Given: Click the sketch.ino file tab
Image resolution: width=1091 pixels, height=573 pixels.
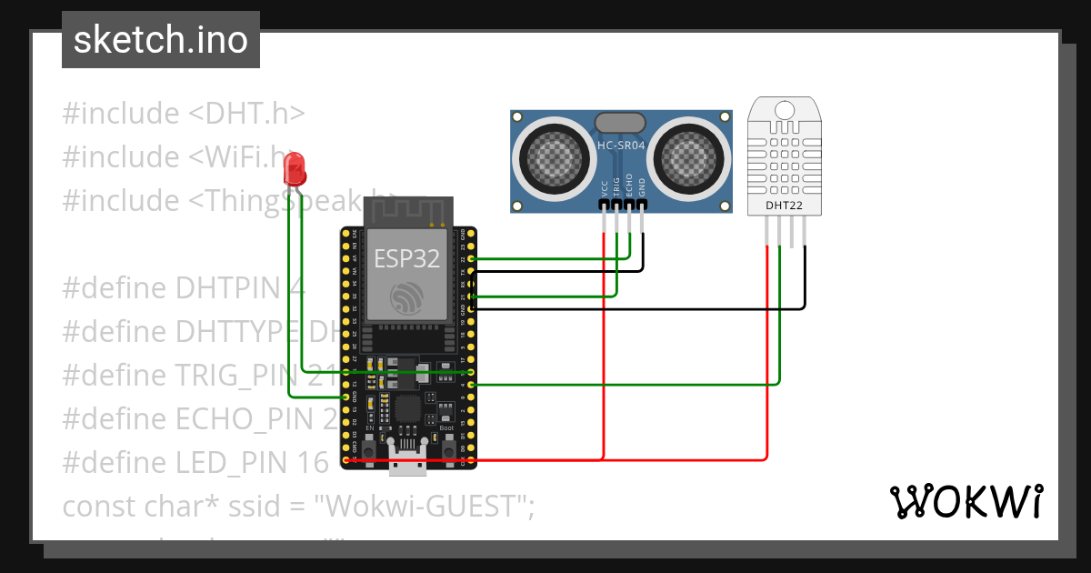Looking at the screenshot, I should (x=160, y=40).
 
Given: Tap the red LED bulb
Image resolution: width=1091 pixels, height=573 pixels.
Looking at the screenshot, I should (x=295, y=168).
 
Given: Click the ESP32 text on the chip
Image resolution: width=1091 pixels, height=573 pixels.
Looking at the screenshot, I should (x=407, y=258).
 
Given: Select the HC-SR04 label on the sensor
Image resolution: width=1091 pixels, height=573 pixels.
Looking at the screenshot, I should (x=621, y=146).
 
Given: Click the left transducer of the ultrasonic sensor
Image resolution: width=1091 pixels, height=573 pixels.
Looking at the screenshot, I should (x=553, y=157).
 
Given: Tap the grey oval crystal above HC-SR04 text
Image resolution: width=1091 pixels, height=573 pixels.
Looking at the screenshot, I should (x=620, y=123).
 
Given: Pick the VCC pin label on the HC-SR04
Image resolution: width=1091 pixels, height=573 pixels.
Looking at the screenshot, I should (x=605, y=188).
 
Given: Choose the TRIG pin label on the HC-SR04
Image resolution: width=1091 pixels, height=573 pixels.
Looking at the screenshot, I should (x=617, y=187).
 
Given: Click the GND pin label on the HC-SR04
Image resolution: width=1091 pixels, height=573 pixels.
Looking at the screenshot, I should (x=642, y=188).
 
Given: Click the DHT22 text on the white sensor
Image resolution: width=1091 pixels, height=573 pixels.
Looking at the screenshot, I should (x=785, y=206).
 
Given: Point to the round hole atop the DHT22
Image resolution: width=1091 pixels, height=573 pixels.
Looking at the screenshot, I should (x=785, y=111).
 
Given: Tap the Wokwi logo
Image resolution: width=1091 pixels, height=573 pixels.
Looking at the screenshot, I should (x=965, y=501).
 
